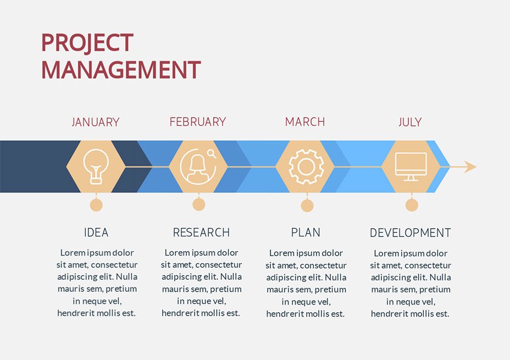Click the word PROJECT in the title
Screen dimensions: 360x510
pyautogui.click(x=87, y=43)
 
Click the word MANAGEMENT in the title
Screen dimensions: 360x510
pyautogui.click(x=121, y=70)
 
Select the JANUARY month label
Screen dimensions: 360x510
pyautogui.click(x=96, y=122)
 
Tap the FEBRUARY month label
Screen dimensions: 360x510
pyautogui.click(x=198, y=122)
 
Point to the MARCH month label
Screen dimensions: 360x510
pyautogui.click(x=305, y=122)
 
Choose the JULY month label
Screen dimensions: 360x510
pyautogui.click(x=410, y=122)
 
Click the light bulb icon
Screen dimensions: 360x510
pyautogui.click(x=96, y=166)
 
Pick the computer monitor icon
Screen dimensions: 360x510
pyautogui.click(x=411, y=167)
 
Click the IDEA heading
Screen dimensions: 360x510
pyautogui.click(x=96, y=232)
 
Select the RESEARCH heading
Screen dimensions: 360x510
pyautogui.click(x=201, y=232)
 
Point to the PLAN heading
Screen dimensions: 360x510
pyautogui.click(x=306, y=232)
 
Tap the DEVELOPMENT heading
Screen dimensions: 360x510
pyautogui.click(x=410, y=232)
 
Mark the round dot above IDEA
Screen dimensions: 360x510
pyautogui.click(x=96, y=205)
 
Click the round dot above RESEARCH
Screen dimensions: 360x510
pyautogui.click(x=199, y=204)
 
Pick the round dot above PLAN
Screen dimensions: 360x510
pyautogui.click(x=307, y=206)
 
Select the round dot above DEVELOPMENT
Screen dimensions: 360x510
pyautogui.click(x=412, y=205)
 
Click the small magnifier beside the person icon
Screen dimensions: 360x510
pyautogui.click(x=212, y=154)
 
